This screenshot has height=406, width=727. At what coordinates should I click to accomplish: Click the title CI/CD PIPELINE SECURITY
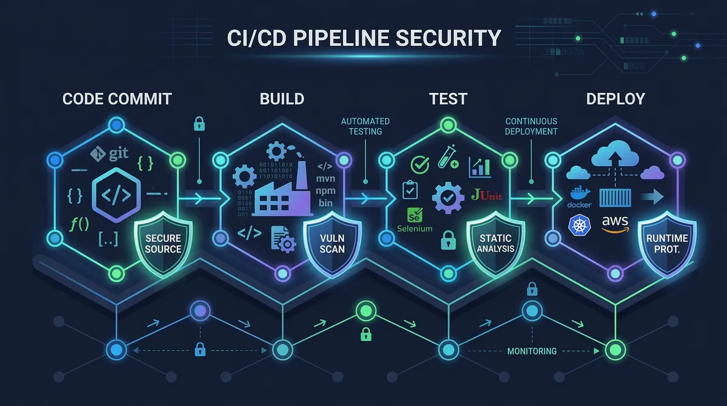[x=363, y=38]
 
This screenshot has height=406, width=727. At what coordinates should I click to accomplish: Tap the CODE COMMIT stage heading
[x=117, y=99]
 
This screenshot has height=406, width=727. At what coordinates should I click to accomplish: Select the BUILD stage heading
[x=282, y=99]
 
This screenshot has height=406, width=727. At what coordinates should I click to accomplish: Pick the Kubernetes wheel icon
[x=576, y=225]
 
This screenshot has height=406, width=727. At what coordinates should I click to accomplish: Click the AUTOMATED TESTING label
[x=365, y=126]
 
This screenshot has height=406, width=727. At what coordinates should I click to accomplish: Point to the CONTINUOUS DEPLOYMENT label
[x=531, y=126]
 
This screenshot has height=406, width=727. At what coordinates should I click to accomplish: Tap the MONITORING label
[x=531, y=351]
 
